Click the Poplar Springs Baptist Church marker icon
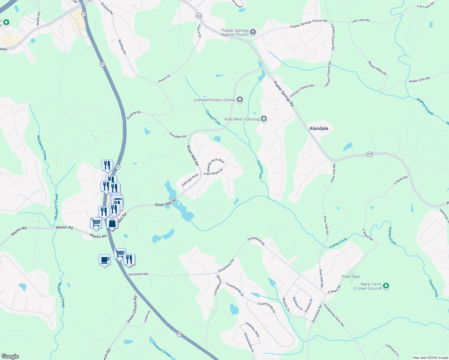coord(253,32)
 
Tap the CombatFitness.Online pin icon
coord(240,100)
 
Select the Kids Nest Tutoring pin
coord(264,119)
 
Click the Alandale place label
coord(319,128)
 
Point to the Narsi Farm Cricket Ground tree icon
coord(386,286)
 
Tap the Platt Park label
coord(351,277)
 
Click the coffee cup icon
coord(104,260)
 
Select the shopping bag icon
coord(112,223)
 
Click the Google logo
coord(10,356)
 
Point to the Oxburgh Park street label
coord(190,180)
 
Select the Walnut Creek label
coord(425,106)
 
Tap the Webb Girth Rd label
coord(419,80)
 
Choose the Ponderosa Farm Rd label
coord(334,316)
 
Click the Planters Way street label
coord(253,329)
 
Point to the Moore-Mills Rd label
coord(377,68)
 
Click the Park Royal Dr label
coord(214,172)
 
